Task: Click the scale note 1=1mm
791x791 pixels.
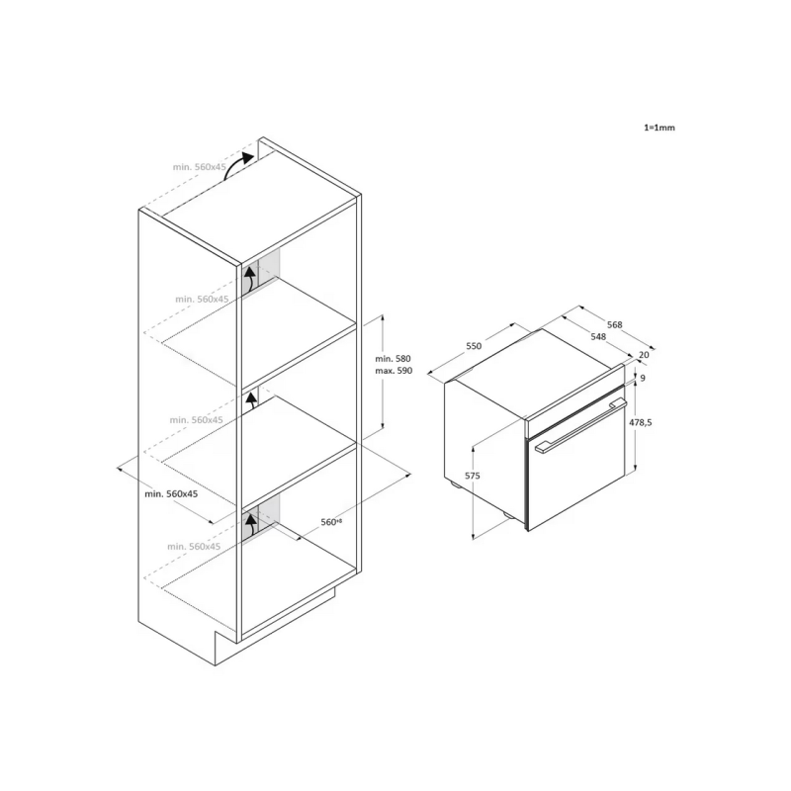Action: click(659, 128)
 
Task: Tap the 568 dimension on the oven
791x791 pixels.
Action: click(614, 325)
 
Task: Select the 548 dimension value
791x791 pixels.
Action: click(598, 336)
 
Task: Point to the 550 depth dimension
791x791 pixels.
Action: click(474, 346)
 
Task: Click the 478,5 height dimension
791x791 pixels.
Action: click(640, 423)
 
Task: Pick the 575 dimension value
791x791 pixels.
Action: click(473, 476)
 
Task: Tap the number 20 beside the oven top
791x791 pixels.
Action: click(644, 355)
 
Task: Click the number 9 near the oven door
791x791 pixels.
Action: click(643, 378)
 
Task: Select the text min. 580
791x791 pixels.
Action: click(393, 359)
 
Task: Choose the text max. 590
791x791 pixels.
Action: click(394, 371)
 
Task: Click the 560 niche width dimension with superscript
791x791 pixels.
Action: click(331, 522)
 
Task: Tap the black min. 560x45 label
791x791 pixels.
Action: click(171, 493)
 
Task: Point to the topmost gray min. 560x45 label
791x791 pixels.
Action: click(200, 167)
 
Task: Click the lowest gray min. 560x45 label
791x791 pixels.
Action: click(194, 547)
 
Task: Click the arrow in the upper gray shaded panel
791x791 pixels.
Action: click(250, 280)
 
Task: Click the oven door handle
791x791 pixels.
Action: click(581, 425)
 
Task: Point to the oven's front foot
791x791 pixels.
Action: click(507, 514)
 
